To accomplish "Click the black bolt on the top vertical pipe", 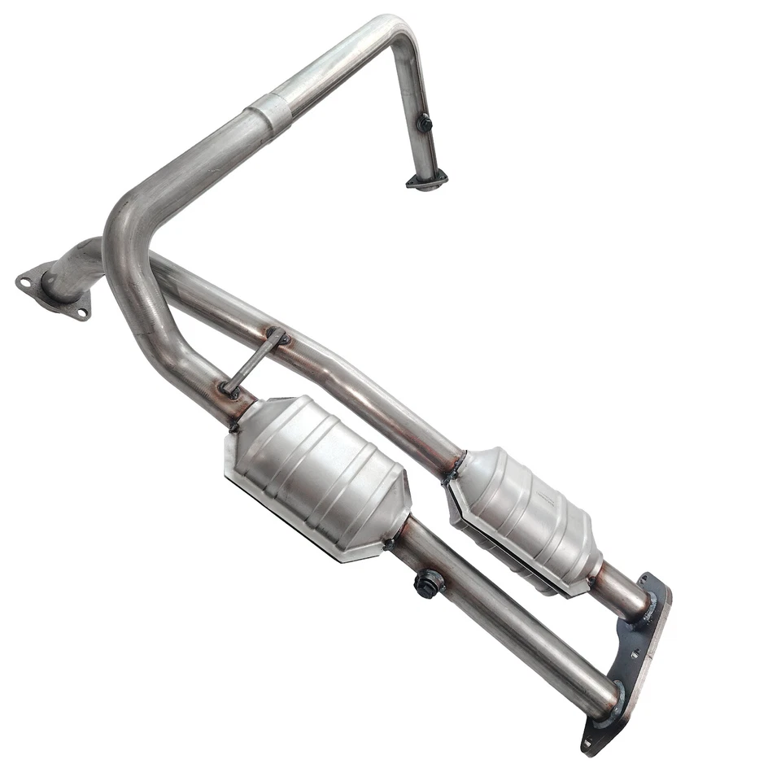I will pos(424,124).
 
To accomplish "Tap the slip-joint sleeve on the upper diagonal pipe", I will pos(271,110).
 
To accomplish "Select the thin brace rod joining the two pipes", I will pos(253,362).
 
